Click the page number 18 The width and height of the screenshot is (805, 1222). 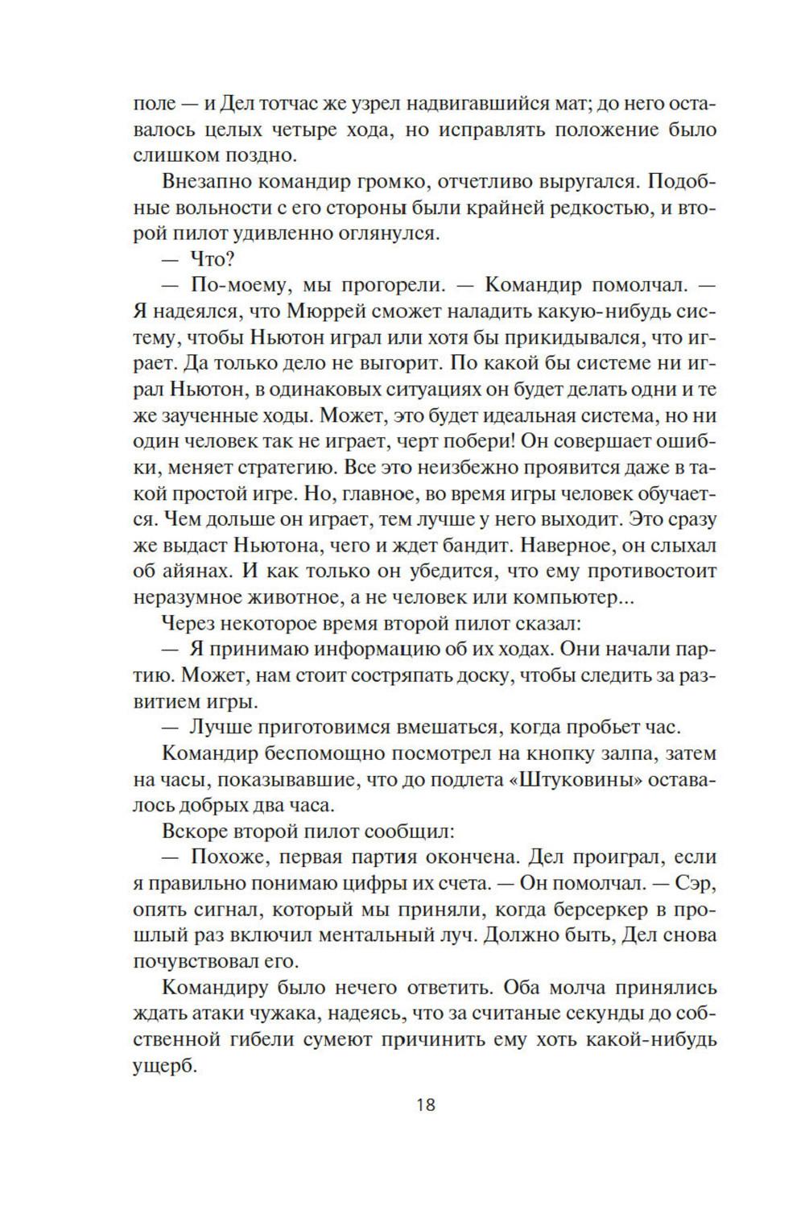(426, 1104)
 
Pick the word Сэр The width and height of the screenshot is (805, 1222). (696, 883)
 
